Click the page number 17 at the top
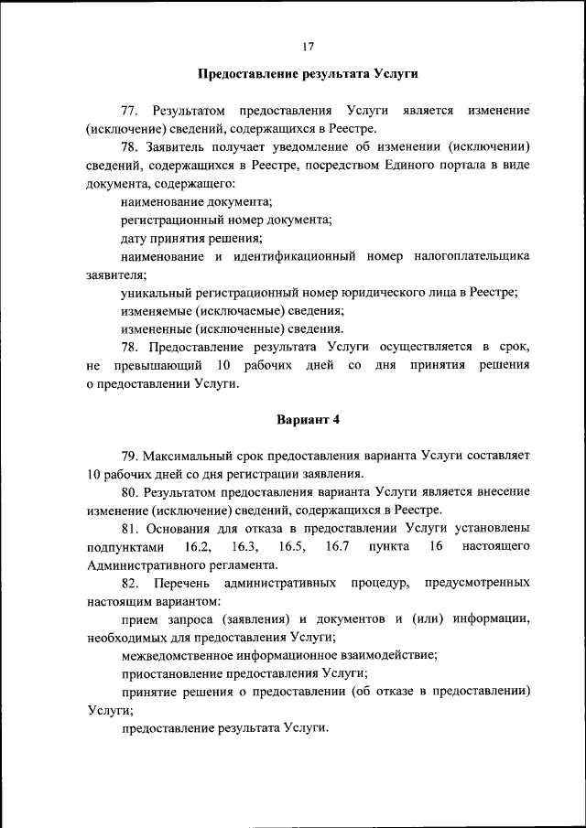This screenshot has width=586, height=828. [x=307, y=45]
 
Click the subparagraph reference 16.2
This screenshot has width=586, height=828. [x=199, y=546]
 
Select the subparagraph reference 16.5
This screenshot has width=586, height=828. [x=292, y=546]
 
